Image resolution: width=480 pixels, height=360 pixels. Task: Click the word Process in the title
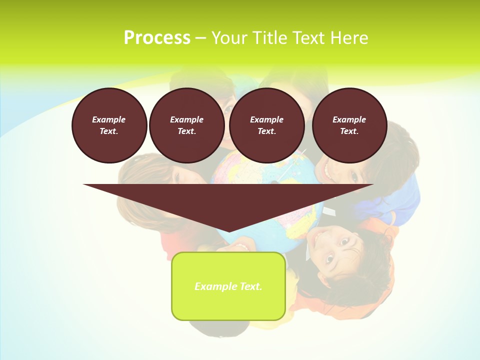click(157, 38)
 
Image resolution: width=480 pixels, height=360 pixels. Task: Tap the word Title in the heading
click(270, 38)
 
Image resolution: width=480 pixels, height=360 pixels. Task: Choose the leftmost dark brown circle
click(109, 125)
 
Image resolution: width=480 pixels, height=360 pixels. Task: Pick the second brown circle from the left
click(187, 125)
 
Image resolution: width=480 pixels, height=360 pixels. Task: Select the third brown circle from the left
click(267, 125)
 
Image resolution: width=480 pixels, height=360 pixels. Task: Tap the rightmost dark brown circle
click(349, 125)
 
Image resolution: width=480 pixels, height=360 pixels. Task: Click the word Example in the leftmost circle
click(109, 119)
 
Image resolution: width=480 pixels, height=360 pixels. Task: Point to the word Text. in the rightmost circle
click(349, 131)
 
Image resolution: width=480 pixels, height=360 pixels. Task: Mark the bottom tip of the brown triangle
click(228, 231)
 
